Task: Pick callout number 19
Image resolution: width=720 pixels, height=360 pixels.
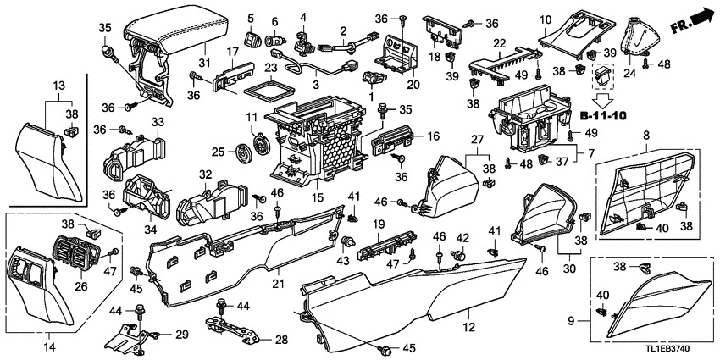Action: (x=379, y=224)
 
